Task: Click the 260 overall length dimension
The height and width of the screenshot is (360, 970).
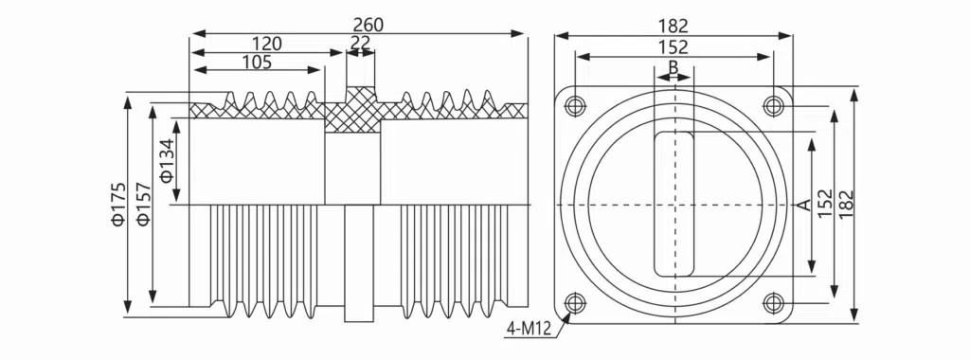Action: pos(368,24)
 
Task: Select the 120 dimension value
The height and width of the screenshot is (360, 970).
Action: pos(266,44)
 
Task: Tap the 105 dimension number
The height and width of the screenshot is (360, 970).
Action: pos(256,63)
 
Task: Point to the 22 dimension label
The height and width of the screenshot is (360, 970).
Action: pos(360,43)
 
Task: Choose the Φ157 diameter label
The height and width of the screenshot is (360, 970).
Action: pos(144,204)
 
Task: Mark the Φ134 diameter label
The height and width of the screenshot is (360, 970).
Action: pos(167,161)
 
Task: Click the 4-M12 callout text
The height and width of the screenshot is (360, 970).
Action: pos(529,329)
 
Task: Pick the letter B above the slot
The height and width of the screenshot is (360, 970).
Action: pos(674,66)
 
